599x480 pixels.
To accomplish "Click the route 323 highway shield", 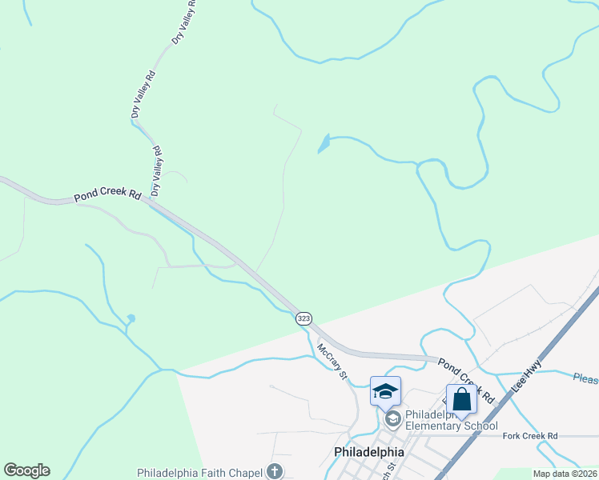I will click(x=304, y=318).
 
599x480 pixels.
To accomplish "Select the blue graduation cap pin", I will click(x=385, y=391).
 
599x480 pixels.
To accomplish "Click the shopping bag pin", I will click(x=461, y=399).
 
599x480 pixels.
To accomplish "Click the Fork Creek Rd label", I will click(x=530, y=436).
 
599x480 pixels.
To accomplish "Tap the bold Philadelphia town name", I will click(x=368, y=452).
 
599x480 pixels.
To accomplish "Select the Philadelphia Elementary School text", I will click(x=451, y=420).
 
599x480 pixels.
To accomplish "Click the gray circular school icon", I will click(x=392, y=418).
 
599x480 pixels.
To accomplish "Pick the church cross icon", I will click(x=274, y=471).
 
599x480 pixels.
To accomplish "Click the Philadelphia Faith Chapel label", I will click(x=200, y=472).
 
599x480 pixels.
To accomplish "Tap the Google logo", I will click(x=26, y=470).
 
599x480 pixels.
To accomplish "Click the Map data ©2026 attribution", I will click(x=565, y=474).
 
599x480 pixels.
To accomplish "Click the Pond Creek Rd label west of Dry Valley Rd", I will click(x=107, y=195).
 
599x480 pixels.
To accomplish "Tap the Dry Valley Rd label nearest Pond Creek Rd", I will click(x=157, y=170).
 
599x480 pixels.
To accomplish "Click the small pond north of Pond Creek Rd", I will click(x=323, y=144).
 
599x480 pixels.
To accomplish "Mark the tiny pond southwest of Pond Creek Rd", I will click(x=131, y=319).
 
